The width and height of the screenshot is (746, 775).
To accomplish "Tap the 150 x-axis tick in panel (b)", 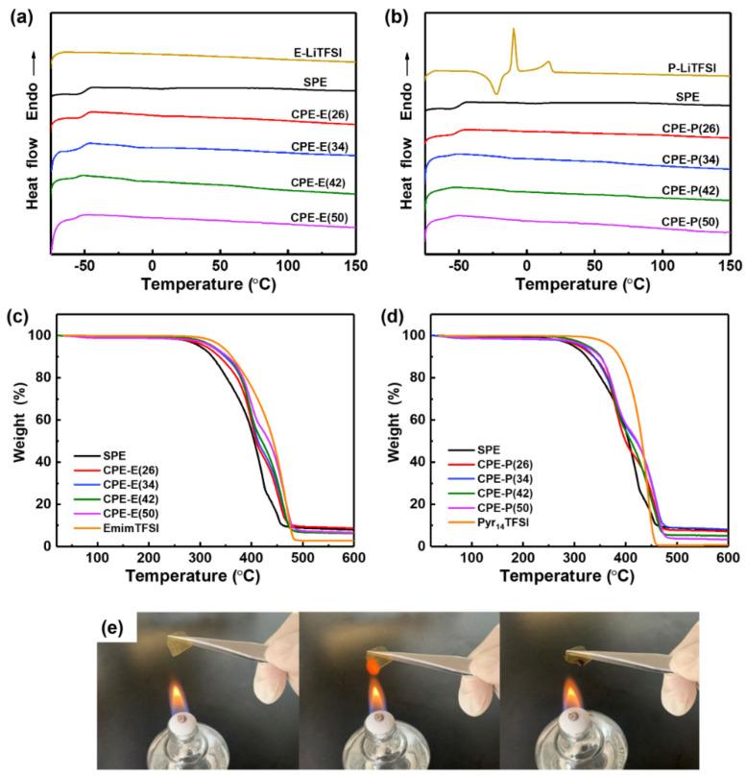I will (729, 266).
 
